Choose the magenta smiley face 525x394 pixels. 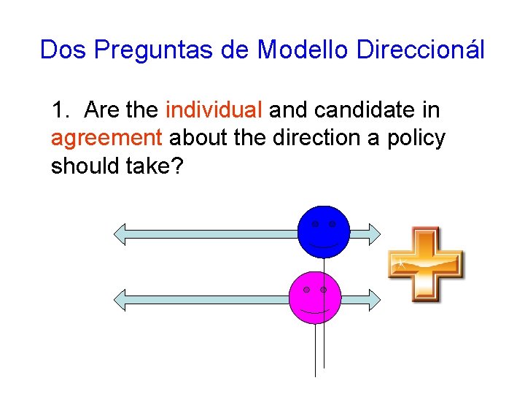click(314, 298)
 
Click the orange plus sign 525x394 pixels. click(426, 264)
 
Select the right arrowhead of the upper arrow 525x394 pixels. click(373, 233)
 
